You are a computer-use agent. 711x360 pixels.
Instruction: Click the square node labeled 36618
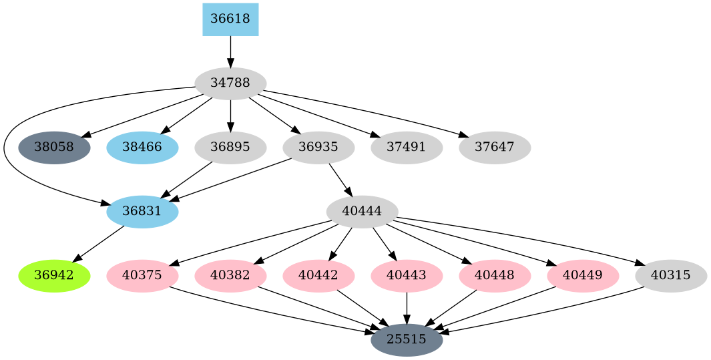[x=230, y=19]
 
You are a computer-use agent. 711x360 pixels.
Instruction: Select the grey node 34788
[x=230, y=83]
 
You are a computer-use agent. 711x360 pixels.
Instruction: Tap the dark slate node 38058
[x=54, y=148]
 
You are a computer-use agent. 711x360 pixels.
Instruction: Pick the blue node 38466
[x=142, y=148]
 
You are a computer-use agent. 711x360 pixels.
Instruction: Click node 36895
[x=230, y=148]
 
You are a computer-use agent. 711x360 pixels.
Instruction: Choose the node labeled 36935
[x=318, y=148]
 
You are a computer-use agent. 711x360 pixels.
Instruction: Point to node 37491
[x=407, y=148]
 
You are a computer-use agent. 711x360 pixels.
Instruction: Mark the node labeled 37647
[x=495, y=148]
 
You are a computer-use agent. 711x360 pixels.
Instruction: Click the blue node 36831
[x=142, y=212]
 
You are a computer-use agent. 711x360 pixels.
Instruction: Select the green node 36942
[x=54, y=276]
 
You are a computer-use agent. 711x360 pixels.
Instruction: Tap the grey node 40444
[x=362, y=212]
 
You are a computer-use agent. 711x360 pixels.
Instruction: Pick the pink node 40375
[x=142, y=276]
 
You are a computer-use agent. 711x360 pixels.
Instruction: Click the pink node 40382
[x=230, y=276]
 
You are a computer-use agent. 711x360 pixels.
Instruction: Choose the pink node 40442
[x=318, y=276]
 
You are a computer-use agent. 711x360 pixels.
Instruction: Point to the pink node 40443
[x=407, y=276]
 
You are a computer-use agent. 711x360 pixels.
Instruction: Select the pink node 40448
[x=495, y=276]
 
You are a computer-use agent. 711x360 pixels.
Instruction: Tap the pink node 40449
[x=583, y=276]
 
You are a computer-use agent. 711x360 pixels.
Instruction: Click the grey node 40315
[x=671, y=276]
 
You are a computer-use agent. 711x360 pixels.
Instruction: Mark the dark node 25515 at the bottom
[x=407, y=340]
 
